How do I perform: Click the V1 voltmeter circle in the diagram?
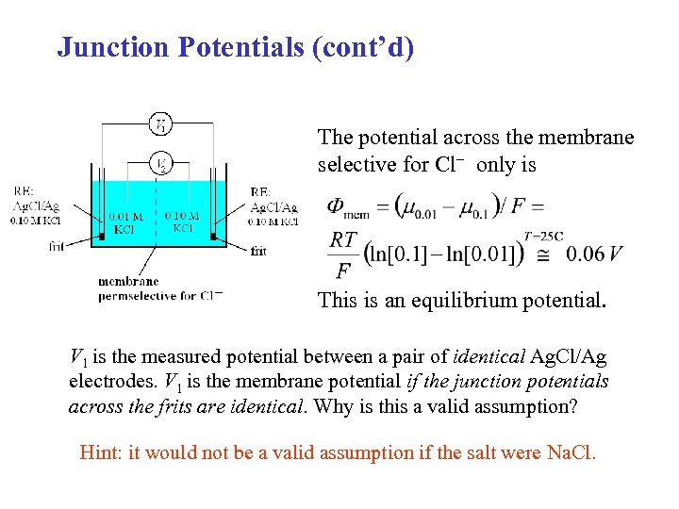click(162, 123)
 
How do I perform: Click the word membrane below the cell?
click(128, 281)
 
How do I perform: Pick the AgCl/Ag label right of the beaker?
click(273, 207)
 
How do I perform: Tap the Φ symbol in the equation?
click(336, 205)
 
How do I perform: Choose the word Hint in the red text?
click(101, 452)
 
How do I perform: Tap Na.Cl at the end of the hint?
click(571, 452)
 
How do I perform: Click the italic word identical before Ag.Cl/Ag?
click(489, 357)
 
